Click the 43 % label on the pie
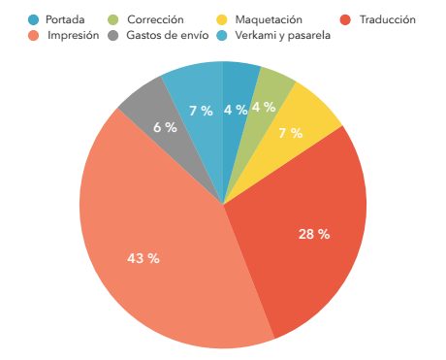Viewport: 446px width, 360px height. coord(143,258)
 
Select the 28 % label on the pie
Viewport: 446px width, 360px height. coord(314,234)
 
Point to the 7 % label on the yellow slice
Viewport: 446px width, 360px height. coord(289,133)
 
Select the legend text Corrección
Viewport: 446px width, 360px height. coord(155,19)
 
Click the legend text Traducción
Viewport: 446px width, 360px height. coord(387,19)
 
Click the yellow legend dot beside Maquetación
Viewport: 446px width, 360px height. coord(222,19)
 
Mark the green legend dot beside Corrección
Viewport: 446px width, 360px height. coord(115,19)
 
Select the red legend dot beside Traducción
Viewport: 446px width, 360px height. coord(345,19)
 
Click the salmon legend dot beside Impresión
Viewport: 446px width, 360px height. coord(34,36)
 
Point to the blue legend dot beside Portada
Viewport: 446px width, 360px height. coord(34,19)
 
